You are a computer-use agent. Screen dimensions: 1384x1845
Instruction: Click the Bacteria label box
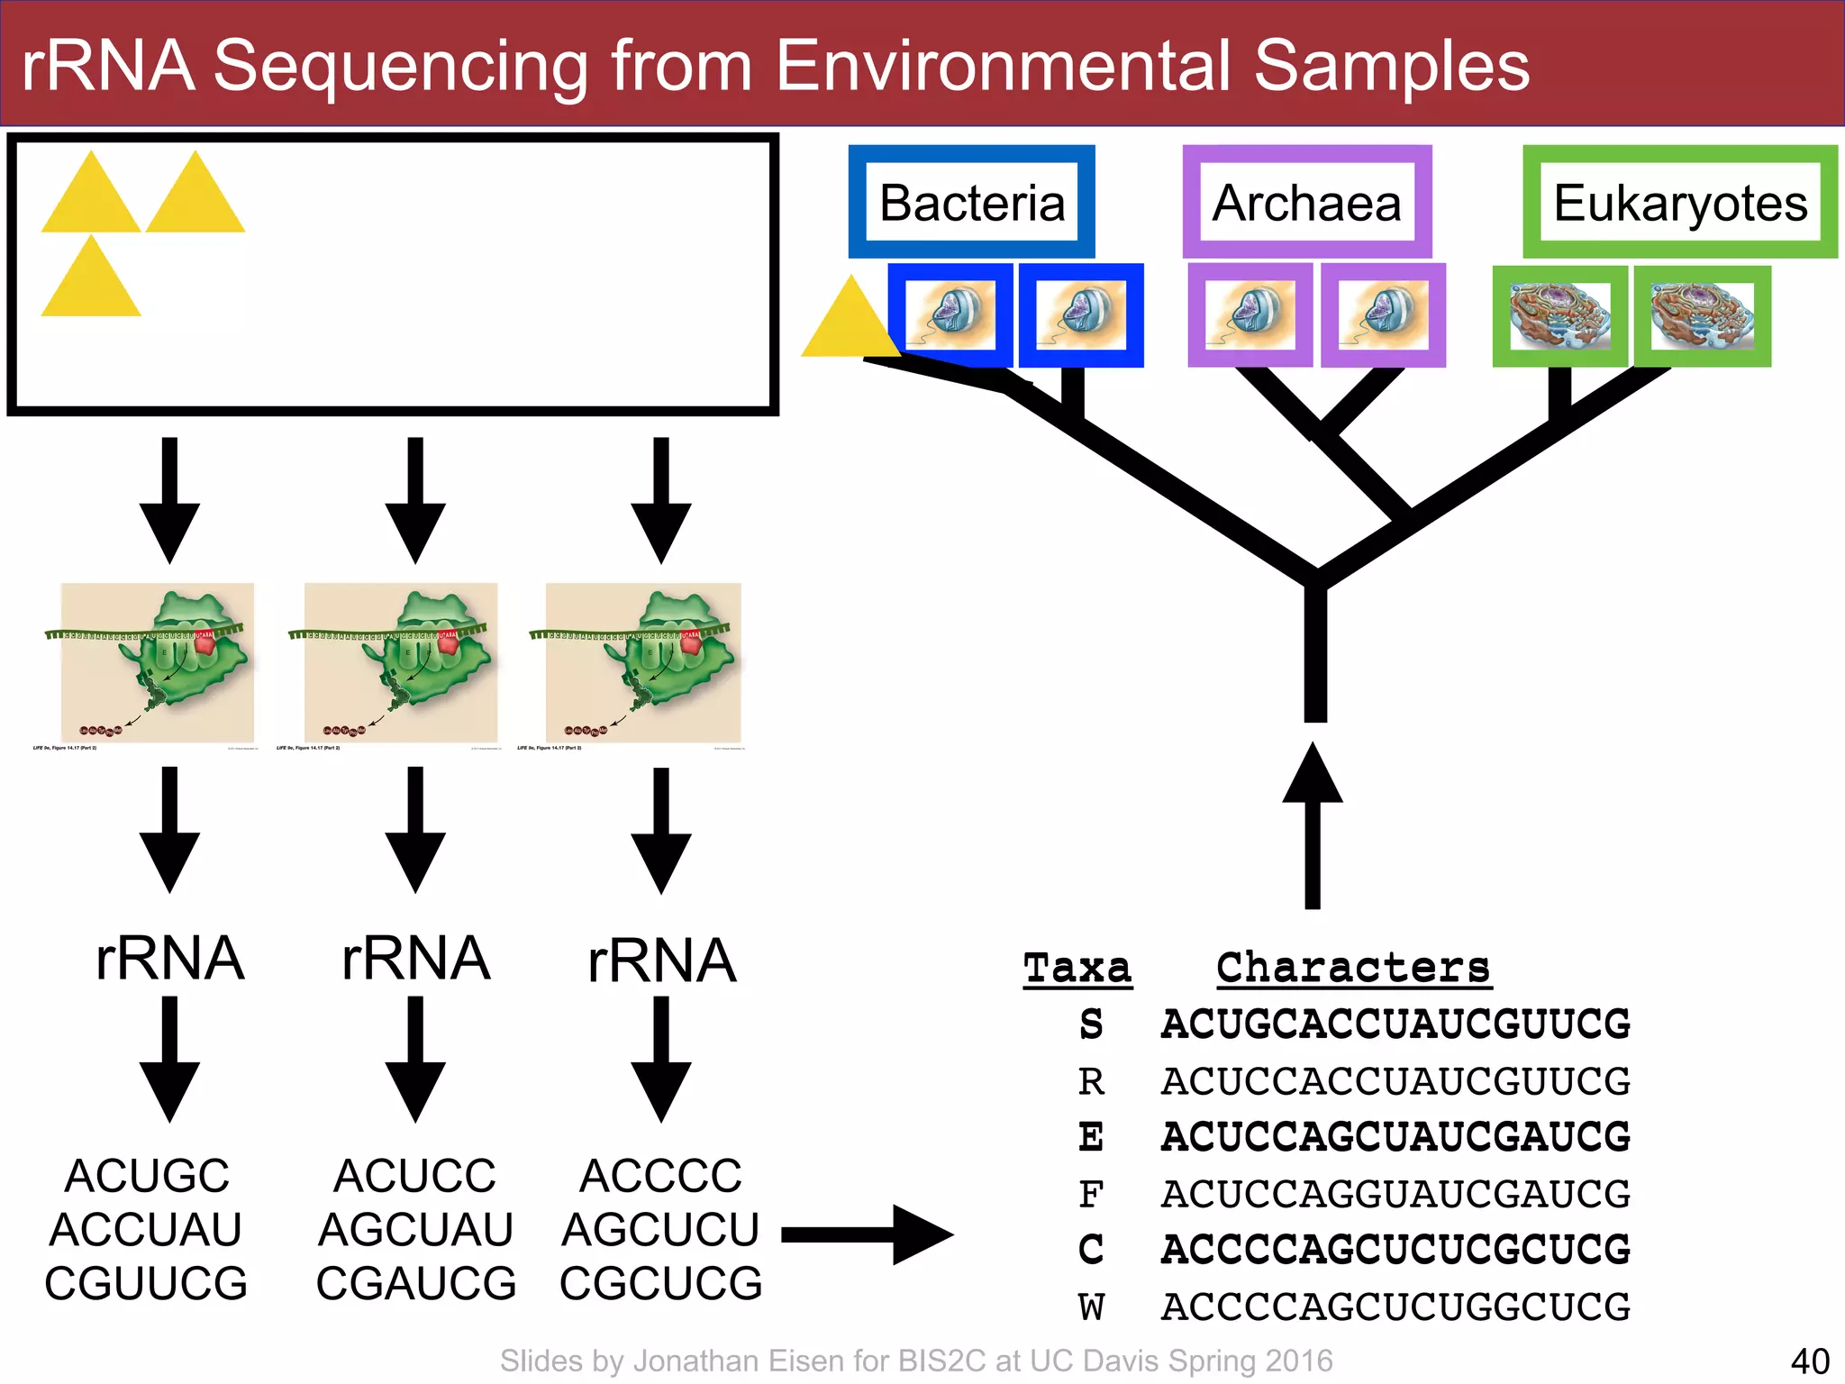(x=972, y=202)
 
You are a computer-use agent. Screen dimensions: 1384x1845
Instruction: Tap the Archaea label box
(x=1306, y=202)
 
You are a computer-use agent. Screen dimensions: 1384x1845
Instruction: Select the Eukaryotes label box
(x=1680, y=202)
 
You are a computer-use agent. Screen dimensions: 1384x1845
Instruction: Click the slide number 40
(x=1810, y=1361)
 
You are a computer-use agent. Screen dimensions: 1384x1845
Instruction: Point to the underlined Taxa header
(x=1077, y=969)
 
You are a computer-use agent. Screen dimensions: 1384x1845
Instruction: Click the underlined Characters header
(x=1353, y=969)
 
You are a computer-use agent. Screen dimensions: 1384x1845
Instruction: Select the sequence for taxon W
(x=1395, y=1307)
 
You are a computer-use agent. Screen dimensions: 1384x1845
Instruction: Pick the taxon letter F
(x=1091, y=1195)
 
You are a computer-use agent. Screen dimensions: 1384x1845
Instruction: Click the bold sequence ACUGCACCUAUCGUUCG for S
(x=1395, y=1024)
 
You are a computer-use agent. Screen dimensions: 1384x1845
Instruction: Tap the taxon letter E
(x=1091, y=1137)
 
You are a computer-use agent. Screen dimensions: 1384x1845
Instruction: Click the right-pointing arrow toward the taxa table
(x=867, y=1234)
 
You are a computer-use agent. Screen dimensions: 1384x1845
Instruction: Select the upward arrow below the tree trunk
(x=1313, y=824)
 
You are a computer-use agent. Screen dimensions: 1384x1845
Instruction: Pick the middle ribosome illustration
(x=401, y=662)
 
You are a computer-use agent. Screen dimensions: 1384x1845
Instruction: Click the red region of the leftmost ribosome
(x=204, y=642)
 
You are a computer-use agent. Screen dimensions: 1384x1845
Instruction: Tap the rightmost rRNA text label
(x=661, y=961)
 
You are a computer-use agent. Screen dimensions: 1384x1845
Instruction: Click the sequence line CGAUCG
(x=416, y=1283)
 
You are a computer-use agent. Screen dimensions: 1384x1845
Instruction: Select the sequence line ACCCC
(x=661, y=1176)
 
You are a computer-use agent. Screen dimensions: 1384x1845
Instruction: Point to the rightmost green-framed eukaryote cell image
(x=1702, y=315)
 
